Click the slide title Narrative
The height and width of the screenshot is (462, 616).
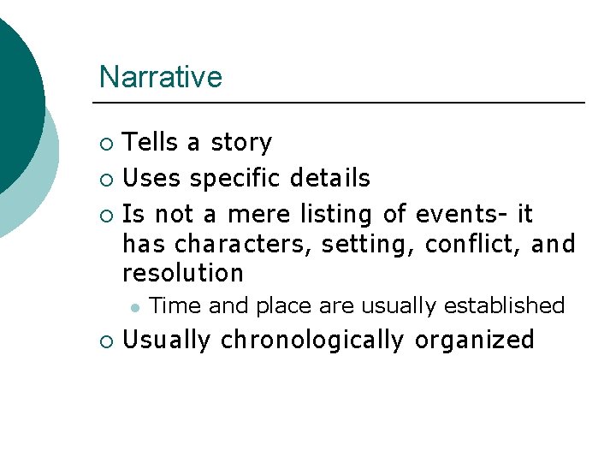click(x=160, y=77)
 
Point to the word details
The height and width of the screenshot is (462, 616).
click(x=330, y=179)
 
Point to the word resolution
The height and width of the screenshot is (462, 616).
click(x=183, y=274)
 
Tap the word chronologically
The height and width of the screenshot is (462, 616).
click(x=311, y=341)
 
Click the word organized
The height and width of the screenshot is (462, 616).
click(x=474, y=341)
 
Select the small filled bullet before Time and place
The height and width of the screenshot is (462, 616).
click(x=133, y=306)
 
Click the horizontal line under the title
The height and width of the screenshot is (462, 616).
click(x=342, y=103)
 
